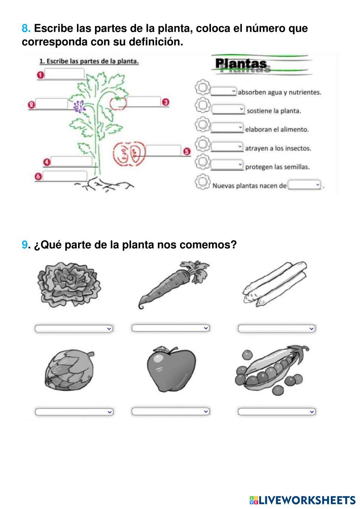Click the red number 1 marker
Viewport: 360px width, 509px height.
40,75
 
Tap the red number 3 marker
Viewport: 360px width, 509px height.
166,102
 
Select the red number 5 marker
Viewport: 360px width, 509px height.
187,151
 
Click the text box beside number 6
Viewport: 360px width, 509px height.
65,176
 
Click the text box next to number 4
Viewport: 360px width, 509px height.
71,161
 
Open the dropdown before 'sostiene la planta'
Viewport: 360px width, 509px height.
228,109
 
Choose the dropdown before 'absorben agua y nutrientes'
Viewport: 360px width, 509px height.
224,91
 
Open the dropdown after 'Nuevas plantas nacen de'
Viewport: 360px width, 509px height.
304,185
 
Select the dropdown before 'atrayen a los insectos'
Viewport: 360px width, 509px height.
227,147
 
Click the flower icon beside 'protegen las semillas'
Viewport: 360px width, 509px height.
202,162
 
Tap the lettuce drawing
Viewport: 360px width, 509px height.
69,284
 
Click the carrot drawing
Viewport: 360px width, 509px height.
174,285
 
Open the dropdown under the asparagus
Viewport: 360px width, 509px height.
276,328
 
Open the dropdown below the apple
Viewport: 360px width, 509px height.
170,411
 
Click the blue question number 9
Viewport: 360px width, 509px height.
24,244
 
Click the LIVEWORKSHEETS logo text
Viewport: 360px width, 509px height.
302,500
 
